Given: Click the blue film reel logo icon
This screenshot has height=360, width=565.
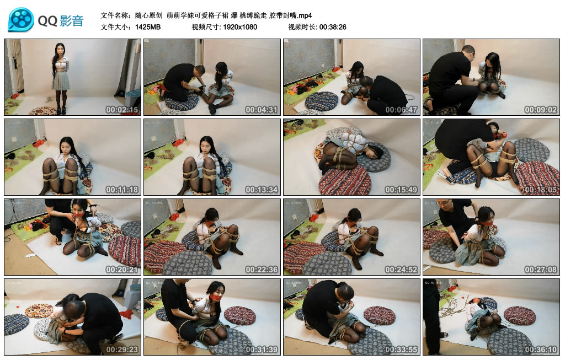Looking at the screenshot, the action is (x=21, y=20).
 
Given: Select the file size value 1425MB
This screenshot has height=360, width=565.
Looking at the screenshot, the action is (x=148, y=27).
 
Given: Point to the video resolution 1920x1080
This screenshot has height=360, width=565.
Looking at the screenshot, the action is (x=240, y=27).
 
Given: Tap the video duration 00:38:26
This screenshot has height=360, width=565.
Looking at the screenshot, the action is (x=333, y=27).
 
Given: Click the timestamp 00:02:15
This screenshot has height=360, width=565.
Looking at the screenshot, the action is (x=122, y=110).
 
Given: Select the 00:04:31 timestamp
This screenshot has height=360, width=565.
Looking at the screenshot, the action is (x=261, y=110).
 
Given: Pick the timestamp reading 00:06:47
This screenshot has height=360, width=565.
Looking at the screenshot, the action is (x=401, y=110).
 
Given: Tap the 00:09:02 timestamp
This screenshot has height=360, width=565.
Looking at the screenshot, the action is (x=541, y=110).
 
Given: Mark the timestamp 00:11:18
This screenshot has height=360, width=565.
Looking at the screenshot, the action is (x=122, y=190).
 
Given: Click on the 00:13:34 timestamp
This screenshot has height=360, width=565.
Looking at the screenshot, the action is (x=261, y=190).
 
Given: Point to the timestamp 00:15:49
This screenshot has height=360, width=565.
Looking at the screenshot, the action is (x=401, y=190).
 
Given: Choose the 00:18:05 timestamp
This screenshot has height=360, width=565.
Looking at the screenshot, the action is (x=541, y=190).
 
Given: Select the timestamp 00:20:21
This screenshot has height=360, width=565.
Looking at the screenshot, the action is (x=122, y=270).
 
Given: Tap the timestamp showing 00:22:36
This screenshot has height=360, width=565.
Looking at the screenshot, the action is (x=261, y=270).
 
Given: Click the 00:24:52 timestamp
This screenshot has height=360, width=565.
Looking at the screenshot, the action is (x=401, y=270).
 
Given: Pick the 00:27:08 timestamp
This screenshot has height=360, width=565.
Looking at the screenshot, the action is (x=541, y=270).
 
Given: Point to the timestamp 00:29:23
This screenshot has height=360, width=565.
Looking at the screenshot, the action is (x=122, y=350).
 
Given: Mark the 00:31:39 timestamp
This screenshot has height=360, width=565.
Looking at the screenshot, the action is (x=261, y=350).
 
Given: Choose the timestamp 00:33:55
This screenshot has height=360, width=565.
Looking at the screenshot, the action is (x=401, y=350).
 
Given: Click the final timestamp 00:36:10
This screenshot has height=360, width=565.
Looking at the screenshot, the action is (x=541, y=350).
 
